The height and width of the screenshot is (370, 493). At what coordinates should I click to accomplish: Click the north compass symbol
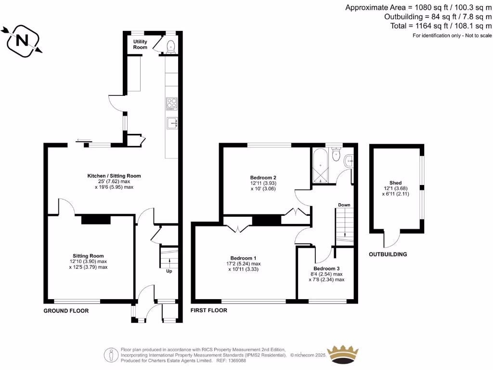pyautogui.click(x=22, y=41)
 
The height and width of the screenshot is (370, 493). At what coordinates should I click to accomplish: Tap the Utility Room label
pyautogui.click(x=140, y=44)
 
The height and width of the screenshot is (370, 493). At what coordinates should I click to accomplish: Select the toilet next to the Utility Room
pyautogui.click(x=170, y=46)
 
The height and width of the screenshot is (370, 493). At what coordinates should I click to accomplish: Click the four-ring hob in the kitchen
pyautogui.click(x=172, y=104)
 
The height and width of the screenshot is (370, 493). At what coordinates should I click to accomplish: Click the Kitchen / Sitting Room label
pyautogui.click(x=114, y=176)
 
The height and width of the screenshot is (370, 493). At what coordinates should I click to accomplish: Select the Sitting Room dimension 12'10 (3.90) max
pyautogui.click(x=88, y=261)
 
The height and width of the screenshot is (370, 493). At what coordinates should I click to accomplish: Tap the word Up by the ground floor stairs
pyautogui.click(x=169, y=271)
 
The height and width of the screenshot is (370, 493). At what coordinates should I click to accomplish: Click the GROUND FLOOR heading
pyautogui.click(x=66, y=311)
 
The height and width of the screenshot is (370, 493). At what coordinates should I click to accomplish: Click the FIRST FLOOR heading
pyautogui.click(x=209, y=311)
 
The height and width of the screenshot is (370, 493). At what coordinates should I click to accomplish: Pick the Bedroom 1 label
pyautogui.click(x=243, y=258)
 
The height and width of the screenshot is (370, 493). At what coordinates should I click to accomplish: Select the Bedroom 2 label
pyautogui.click(x=263, y=177)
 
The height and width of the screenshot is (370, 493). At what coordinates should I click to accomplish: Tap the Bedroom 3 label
pyautogui.click(x=326, y=268)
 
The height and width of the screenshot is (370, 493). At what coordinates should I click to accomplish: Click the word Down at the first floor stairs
pyautogui.click(x=344, y=205)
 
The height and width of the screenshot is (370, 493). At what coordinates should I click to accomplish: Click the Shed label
pyautogui.click(x=395, y=183)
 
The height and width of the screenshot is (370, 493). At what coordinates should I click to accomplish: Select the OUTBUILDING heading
pyautogui.click(x=388, y=254)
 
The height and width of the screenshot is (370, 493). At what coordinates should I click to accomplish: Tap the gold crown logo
pyautogui.click(x=343, y=356)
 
